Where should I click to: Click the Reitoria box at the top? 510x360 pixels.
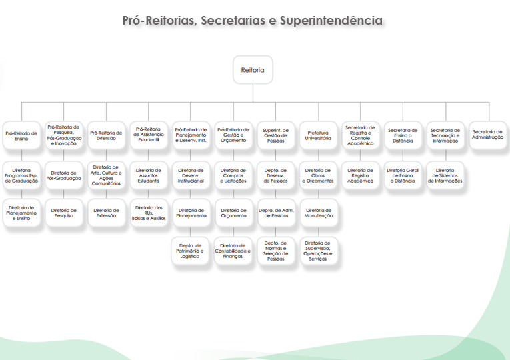[253, 69]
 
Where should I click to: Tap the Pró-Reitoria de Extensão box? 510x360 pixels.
[106, 136]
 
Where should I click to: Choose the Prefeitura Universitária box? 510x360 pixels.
[319, 135]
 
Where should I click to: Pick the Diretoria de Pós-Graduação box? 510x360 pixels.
[64, 175]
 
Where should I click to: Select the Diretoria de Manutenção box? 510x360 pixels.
[319, 213]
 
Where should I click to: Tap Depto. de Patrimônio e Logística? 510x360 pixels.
[191, 251]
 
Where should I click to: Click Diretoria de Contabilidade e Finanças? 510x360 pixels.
[233, 251]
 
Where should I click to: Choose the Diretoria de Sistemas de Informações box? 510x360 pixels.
[445, 175]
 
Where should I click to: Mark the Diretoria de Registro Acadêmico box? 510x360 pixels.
[361, 175]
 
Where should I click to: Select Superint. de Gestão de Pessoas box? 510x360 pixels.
[276, 135]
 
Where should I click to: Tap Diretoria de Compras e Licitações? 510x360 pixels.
[233, 175]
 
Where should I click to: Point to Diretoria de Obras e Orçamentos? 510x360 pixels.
[319, 175]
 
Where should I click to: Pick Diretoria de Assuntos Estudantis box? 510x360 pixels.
[148, 175]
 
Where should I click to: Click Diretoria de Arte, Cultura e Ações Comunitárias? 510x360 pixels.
[106, 175]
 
